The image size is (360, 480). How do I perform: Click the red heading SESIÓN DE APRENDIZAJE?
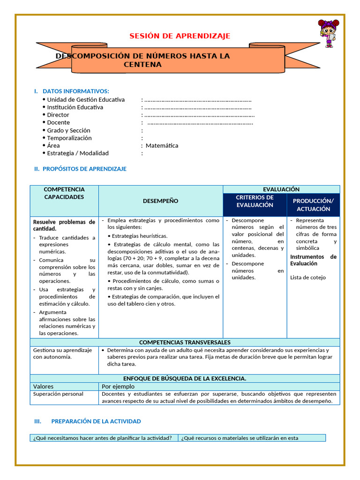click(180, 36)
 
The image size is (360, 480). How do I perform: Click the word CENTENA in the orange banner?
click(142, 65)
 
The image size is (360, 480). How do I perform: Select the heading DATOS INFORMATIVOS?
click(75, 91)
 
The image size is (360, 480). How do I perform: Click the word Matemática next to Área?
click(162, 145)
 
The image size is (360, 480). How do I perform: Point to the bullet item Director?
click(58, 115)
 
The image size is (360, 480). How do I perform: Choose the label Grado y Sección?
click(68, 130)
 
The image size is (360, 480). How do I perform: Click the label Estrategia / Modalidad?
click(77, 153)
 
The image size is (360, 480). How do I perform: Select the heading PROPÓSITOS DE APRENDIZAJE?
click(84, 169)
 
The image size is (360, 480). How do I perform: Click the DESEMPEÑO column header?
click(160, 201)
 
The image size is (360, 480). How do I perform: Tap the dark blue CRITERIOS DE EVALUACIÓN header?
click(255, 201)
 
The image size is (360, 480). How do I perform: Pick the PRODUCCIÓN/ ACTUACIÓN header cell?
click(313, 205)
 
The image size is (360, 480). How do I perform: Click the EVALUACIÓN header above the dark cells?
click(281, 189)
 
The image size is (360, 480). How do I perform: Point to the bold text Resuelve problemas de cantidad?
click(64, 225)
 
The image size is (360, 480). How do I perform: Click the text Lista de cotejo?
click(307, 277)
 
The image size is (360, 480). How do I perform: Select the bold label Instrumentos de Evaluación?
click(313, 260)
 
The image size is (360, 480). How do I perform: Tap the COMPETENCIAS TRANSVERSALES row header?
click(185, 343)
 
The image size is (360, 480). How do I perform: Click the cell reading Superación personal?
click(58, 394)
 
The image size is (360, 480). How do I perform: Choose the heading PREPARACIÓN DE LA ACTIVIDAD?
click(96, 421)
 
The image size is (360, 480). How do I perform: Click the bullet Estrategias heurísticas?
click(139, 236)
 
